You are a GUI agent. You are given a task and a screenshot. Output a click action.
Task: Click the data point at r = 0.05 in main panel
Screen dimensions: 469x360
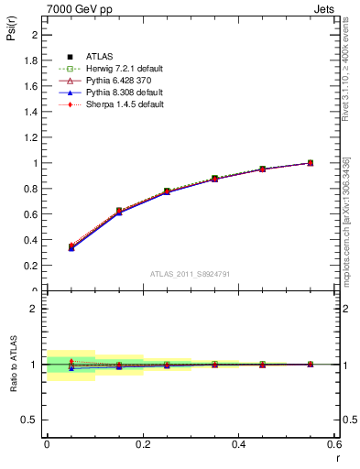click(x=71, y=246)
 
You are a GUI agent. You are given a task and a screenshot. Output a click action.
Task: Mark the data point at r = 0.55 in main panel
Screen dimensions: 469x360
click(x=310, y=163)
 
